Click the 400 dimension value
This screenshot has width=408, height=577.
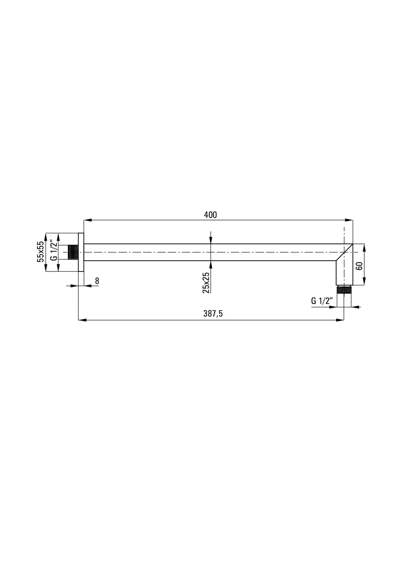click(210, 215)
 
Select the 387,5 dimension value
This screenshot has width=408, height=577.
click(213, 313)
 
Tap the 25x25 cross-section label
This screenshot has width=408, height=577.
click(206, 283)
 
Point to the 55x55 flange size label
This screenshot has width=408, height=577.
click(40, 252)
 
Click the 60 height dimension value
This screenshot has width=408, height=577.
click(359, 265)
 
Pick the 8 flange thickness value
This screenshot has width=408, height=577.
click(97, 281)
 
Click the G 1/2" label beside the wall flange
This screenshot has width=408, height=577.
click(53, 250)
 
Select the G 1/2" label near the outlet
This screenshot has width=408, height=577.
click(322, 301)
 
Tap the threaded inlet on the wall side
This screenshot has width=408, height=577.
click(73, 252)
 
